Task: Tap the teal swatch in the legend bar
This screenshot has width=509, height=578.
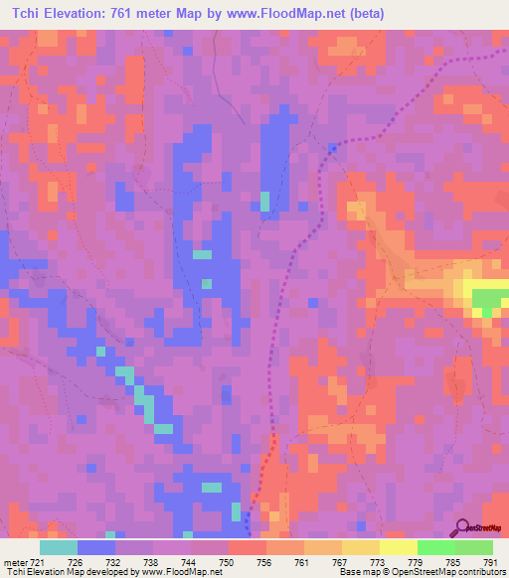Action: [x=59, y=547]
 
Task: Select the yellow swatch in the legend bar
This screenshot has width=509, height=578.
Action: [x=399, y=547]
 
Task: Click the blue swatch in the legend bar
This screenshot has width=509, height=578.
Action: [x=96, y=547]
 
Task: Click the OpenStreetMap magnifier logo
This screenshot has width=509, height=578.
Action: [x=464, y=525]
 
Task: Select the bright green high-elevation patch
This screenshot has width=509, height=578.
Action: [x=488, y=298]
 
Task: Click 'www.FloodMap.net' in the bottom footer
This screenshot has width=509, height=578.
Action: [x=180, y=572]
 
